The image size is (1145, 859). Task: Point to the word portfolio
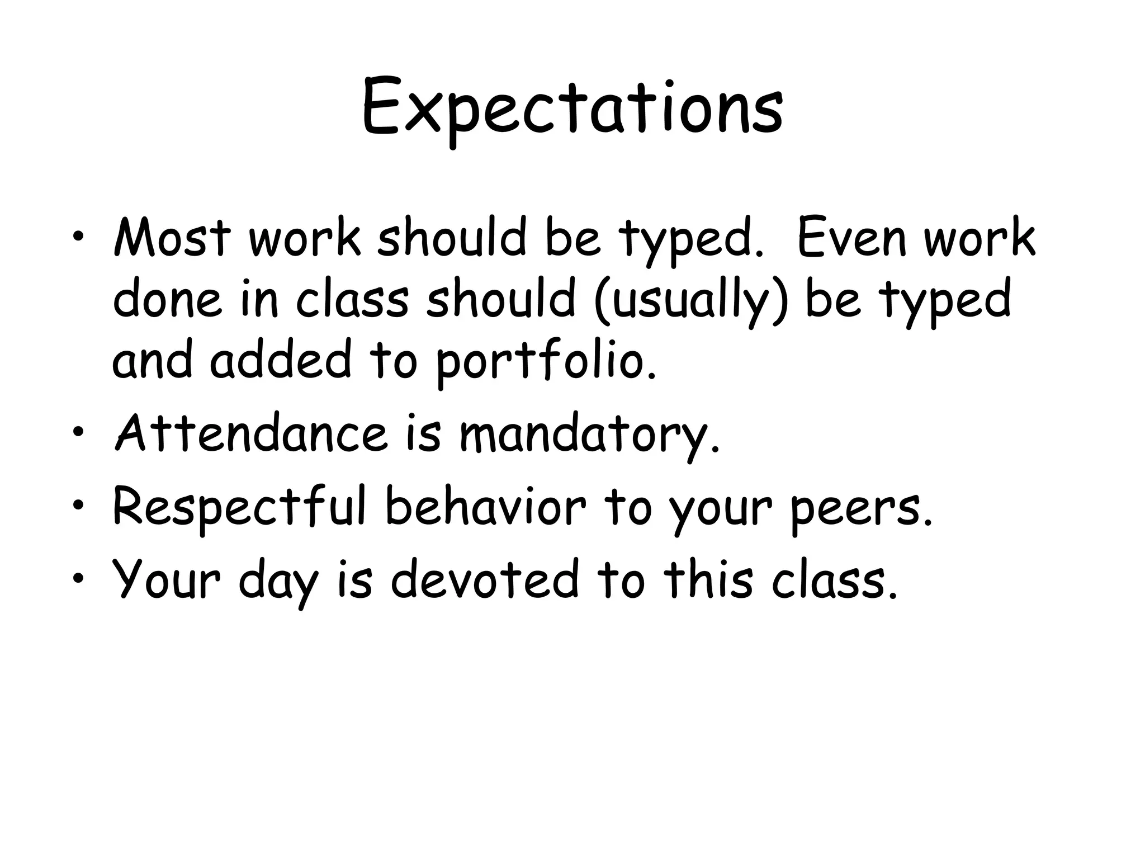tap(545, 361)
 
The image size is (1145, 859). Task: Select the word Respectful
tap(239, 507)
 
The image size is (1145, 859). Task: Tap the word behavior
tap(486, 507)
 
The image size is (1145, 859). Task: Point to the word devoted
tap(484, 579)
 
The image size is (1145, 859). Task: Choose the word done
tap(167, 300)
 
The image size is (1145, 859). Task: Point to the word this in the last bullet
tap(708, 579)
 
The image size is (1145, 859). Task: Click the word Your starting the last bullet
tap(167, 579)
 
